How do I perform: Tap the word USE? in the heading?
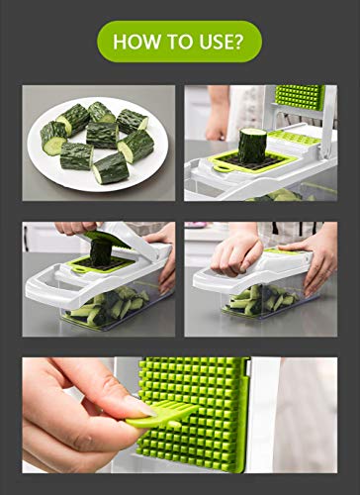(222, 42)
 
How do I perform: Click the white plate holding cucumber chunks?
(98, 145)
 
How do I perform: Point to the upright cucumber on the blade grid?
(252, 146)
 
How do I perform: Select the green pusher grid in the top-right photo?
(300, 98)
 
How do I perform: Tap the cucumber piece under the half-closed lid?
(100, 253)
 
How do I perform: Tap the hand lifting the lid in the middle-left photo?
(75, 228)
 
